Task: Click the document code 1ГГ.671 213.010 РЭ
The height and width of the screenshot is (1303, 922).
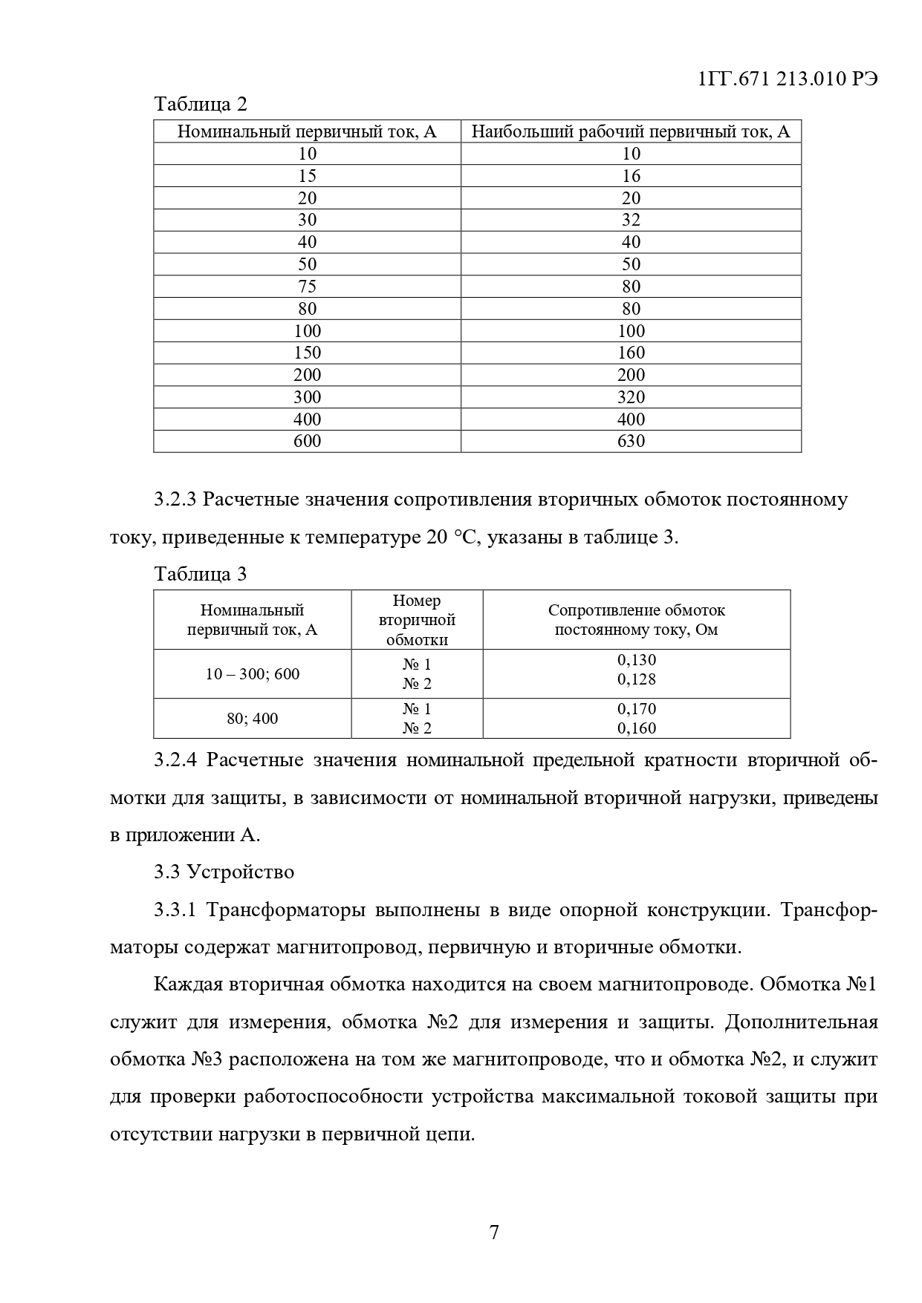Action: point(788,79)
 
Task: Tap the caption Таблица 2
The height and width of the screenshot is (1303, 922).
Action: point(201,104)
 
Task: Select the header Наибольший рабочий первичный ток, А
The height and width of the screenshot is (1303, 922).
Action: point(631,132)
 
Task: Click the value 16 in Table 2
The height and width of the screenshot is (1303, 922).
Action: point(631,176)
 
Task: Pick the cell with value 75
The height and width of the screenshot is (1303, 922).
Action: point(307,287)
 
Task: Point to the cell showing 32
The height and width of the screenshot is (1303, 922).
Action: point(631,220)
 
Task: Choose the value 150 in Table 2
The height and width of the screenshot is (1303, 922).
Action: point(307,353)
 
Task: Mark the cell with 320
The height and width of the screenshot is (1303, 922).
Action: point(631,397)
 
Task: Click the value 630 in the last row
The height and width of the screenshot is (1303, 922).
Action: point(631,441)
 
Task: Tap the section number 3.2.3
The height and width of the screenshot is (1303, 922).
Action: point(175,500)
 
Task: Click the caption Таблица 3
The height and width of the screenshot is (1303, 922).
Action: point(201,574)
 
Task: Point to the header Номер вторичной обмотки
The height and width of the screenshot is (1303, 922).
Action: point(417,620)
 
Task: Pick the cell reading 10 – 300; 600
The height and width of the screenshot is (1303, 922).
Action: point(253,674)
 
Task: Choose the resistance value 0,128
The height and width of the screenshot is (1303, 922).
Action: point(637,679)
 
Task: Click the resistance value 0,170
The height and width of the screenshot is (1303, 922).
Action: point(637,709)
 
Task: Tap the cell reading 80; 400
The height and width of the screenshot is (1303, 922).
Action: point(253,719)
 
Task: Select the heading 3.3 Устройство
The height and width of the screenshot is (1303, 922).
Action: point(224,872)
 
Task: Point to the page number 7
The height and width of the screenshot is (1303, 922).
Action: point(494,1233)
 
